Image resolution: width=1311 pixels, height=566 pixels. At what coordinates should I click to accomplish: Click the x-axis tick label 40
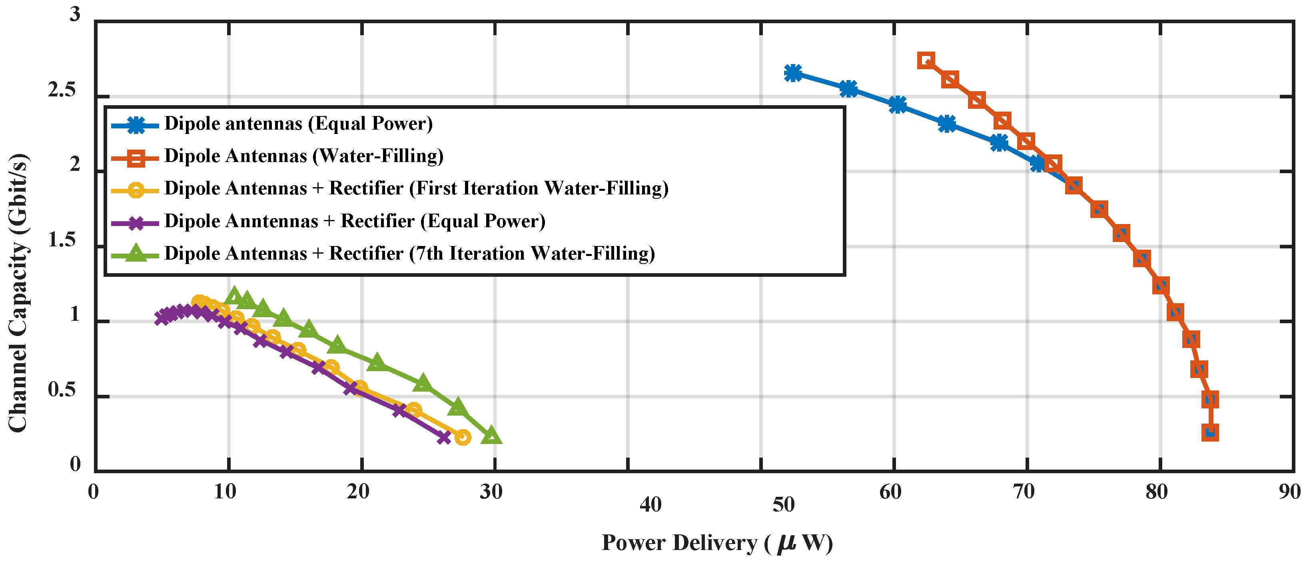point(651,504)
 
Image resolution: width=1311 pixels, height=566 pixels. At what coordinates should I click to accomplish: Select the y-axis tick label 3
point(75,14)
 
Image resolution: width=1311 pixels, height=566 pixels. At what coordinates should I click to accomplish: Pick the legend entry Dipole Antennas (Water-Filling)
point(304,156)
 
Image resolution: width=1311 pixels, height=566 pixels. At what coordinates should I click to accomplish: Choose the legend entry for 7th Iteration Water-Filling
point(409,254)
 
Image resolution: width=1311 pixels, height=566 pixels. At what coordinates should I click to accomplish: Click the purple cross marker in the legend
point(136,223)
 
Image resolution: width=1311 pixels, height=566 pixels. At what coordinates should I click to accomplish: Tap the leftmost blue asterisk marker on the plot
point(793,73)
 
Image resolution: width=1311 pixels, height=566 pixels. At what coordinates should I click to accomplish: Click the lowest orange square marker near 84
point(1210,433)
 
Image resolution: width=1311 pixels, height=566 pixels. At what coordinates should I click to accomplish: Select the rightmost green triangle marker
point(491,436)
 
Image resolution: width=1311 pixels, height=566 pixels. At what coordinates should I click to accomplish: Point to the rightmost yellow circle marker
point(462,437)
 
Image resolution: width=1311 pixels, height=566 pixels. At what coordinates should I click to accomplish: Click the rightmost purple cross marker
point(444,437)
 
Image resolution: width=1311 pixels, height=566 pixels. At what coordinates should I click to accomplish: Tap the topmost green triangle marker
point(234,294)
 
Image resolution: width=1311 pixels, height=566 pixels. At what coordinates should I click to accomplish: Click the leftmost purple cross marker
point(162,318)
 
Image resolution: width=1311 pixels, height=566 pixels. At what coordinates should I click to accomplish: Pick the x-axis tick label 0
point(93,492)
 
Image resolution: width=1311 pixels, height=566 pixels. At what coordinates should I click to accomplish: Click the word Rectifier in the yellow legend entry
point(366,188)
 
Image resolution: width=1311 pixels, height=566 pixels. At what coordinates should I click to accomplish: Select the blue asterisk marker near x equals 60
point(898,105)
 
